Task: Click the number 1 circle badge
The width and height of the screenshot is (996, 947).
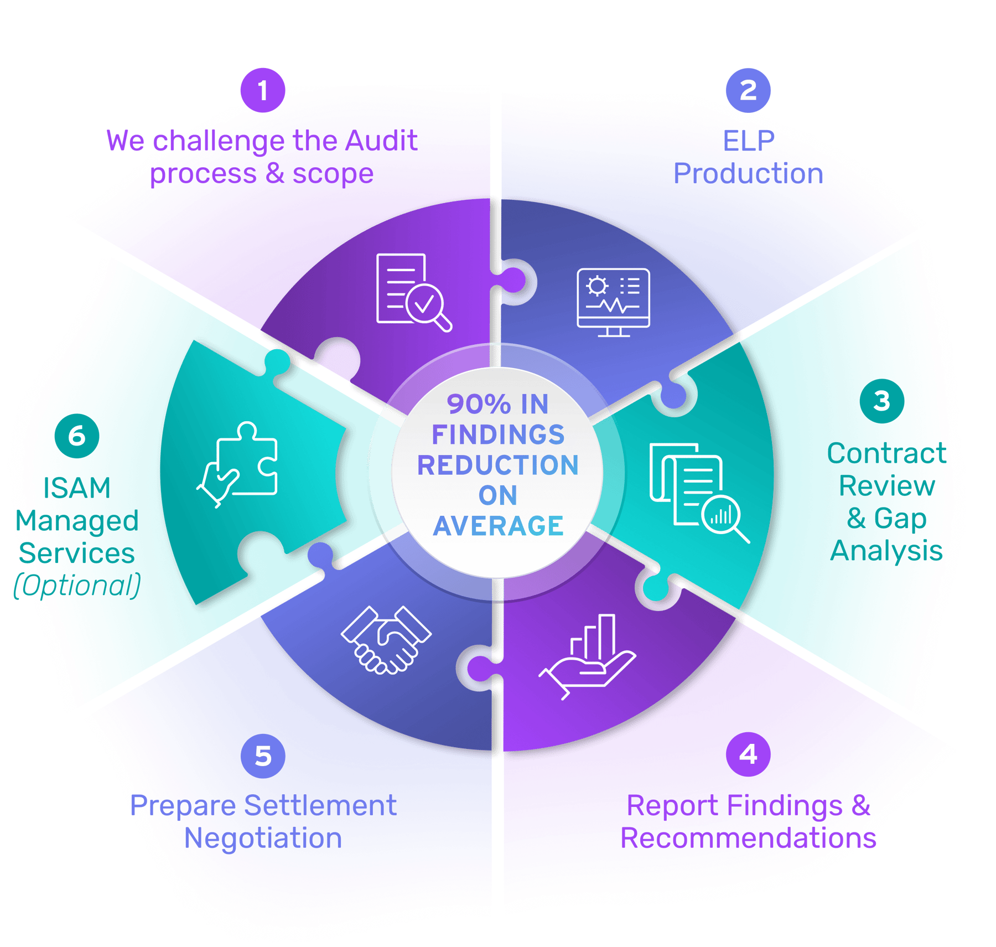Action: point(262,90)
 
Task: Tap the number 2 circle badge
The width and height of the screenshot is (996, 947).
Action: point(748,90)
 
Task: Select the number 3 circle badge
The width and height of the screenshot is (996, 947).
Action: point(882,401)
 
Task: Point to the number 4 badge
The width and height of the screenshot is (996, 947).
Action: point(748,754)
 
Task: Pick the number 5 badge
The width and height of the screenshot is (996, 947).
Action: point(263,756)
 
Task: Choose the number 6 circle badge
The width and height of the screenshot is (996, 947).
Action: point(77,436)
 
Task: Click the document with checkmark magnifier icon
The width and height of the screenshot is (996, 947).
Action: point(413,292)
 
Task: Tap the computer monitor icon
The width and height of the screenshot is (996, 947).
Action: point(613,302)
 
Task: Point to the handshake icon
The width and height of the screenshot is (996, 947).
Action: point(386,640)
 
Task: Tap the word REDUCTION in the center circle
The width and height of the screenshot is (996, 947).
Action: point(498,465)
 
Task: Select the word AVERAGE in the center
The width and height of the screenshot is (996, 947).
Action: point(498,526)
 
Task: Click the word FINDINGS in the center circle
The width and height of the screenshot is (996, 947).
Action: point(498,434)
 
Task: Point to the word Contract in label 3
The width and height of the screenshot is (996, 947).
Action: point(887,453)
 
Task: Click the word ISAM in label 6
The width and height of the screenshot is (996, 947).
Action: point(77,488)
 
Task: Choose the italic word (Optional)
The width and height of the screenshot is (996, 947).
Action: point(77,586)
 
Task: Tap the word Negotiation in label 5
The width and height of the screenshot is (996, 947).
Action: point(263,838)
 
